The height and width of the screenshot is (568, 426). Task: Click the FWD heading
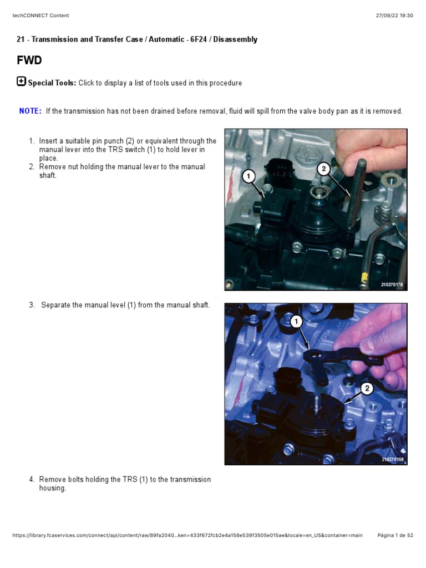pos(29,60)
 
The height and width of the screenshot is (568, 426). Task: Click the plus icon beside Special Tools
pos(22,82)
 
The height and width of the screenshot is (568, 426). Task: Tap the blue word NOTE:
pos(31,111)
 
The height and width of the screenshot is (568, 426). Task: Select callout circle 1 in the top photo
pos(250,176)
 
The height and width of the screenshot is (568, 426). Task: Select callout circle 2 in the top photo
pos(324,169)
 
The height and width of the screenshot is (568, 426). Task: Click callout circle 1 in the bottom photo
pos(296,321)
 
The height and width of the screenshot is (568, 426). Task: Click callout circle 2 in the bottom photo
pos(366,389)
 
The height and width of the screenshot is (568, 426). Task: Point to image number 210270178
pos(392,285)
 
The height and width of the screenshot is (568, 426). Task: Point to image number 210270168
pos(392,459)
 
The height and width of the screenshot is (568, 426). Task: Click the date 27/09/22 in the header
pos(387,16)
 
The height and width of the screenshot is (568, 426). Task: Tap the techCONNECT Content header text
pos(40,16)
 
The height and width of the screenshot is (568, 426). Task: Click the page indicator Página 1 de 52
pos(395,535)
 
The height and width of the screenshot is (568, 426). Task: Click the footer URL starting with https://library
pos(187,535)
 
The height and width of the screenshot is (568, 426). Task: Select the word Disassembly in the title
pos(237,39)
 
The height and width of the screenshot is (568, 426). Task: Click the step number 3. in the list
pos(32,305)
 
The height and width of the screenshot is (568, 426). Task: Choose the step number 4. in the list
pos(32,479)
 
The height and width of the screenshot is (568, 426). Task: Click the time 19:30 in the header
pos(406,16)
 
